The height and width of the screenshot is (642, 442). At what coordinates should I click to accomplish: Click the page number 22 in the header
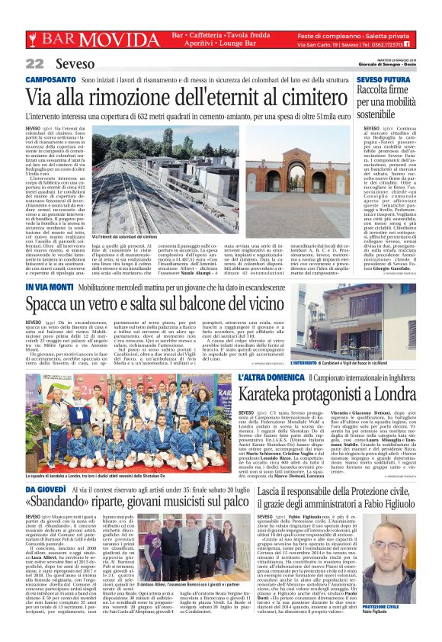[x=34, y=63]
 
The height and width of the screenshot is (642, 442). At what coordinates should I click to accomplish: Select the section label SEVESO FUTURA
[x=381, y=79]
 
